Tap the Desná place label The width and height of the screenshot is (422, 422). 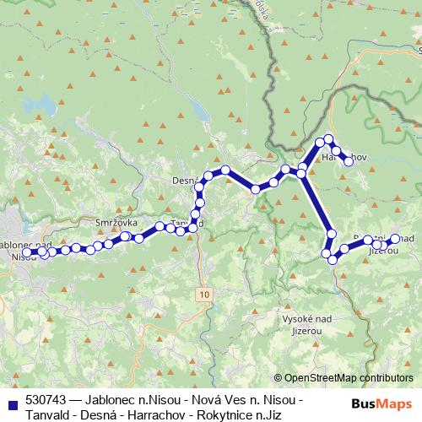(184, 181)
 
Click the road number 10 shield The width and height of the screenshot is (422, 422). (205, 292)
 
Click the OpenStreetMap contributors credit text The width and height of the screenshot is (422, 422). (344, 378)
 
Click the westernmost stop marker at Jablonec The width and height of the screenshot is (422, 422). (26, 252)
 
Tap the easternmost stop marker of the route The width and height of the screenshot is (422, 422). (394, 239)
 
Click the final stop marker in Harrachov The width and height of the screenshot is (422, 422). (348, 160)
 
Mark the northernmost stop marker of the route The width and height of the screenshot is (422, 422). (329, 138)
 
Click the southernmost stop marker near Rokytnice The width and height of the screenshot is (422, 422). (333, 260)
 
